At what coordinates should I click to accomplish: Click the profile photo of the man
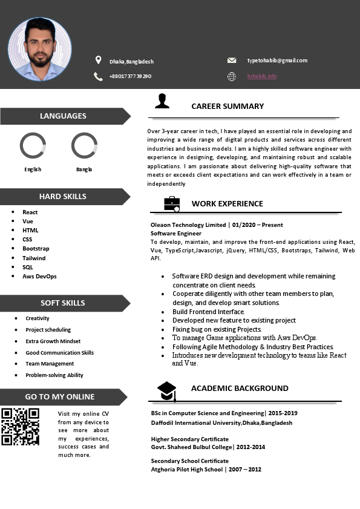40,49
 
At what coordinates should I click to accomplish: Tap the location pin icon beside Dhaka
98,60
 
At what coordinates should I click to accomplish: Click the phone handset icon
98,76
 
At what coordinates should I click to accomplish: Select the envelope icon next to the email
232,61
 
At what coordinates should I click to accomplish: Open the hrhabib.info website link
261,76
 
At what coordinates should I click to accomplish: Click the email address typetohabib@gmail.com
277,61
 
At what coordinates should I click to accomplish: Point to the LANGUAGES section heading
63,116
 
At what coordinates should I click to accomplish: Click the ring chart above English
33,146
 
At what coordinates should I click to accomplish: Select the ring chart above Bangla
84,146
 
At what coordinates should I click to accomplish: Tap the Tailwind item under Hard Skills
34,258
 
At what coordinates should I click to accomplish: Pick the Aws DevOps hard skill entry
39,276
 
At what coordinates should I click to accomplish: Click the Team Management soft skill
50,364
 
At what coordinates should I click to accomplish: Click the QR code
20,427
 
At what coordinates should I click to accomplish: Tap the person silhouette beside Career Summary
162,101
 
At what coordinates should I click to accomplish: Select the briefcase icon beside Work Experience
172,204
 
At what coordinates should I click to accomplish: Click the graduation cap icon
167,391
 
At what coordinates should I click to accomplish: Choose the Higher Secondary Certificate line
189,439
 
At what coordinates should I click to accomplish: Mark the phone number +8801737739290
130,76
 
